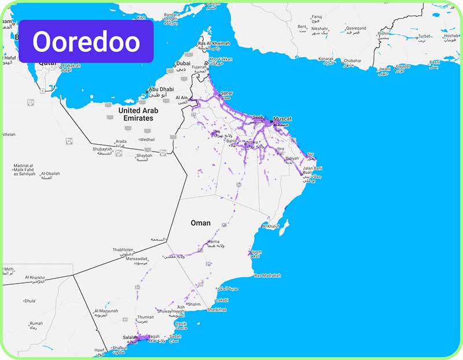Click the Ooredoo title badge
pyautogui.click(x=86, y=42)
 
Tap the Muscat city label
pyautogui.click(x=282, y=118)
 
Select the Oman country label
pyautogui.click(x=201, y=223)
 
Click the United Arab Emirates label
pyautogui.click(x=136, y=113)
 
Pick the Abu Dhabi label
pyautogui.click(x=161, y=90)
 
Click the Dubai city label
pyautogui.click(x=183, y=64)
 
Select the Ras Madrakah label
pyautogui.click(x=267, y=275)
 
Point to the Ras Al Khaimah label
pyautogui.click(x=214, y=43)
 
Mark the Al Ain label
pyautogui.click(x=182, y=98)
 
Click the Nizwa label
pyautogui.click(x=252, y=142)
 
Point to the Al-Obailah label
pyautogui.click(x=50, y=173)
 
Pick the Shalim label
pyautogui.click(x=194, y=304)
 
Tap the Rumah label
pyautogui.click(x=36, y=324)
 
